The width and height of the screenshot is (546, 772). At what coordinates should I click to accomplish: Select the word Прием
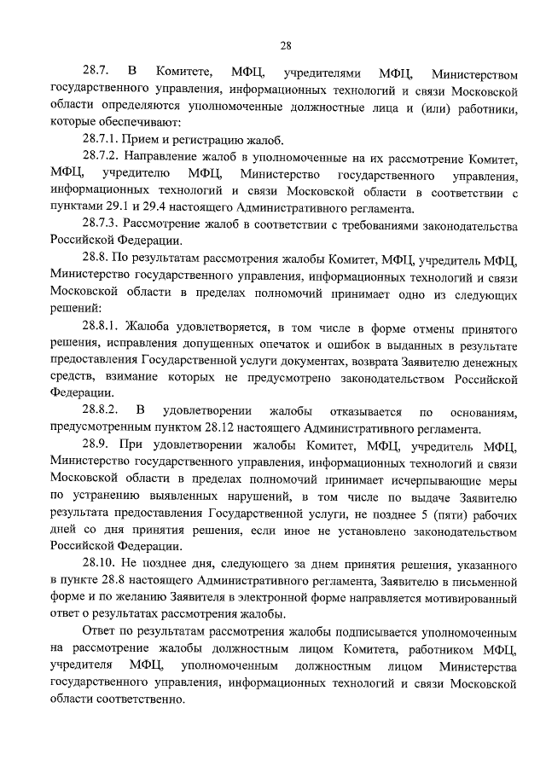click(140, 139)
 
